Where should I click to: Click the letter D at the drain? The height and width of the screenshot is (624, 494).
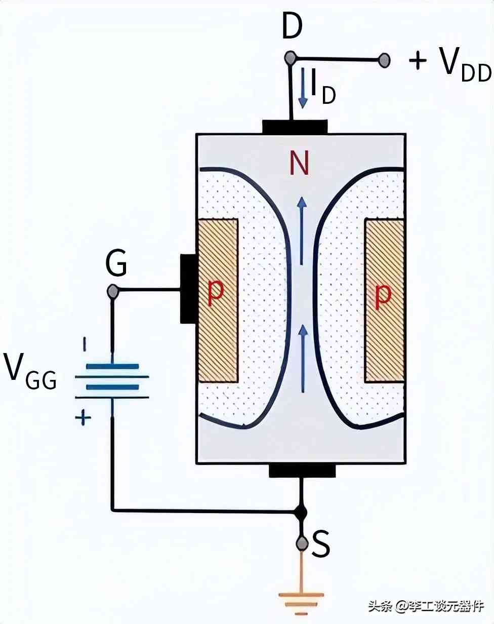[293, 26]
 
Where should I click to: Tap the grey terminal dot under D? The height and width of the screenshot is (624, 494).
[290, 58]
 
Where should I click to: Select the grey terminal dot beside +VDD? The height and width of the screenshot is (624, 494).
[384, 61]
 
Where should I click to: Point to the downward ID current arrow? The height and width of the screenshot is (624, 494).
[303, 88]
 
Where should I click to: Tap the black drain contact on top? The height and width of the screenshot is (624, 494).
[295, 127]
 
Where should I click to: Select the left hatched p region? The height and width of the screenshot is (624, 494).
[218, 300]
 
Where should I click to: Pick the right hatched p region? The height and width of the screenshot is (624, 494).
[384, 300]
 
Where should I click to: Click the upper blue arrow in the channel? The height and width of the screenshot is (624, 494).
[302, 231]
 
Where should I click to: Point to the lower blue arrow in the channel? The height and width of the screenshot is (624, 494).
[303, 359]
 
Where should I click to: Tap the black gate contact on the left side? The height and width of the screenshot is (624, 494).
[189, 289]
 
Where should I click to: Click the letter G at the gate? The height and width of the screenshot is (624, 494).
[116, 263]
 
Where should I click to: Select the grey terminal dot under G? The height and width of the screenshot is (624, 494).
[113, 291]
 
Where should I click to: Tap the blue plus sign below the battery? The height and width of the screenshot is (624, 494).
[83, 418]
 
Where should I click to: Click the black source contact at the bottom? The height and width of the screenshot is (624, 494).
[302, 471]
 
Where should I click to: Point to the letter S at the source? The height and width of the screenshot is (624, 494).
[321, 543]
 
